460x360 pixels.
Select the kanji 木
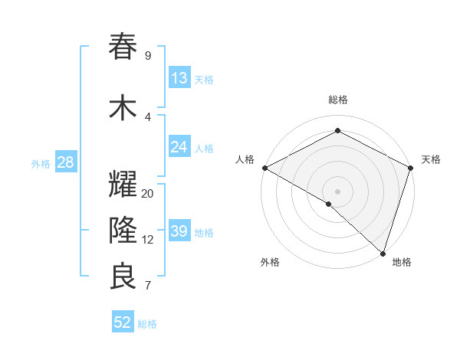click(123, 108)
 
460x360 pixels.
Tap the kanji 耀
click(123, 185)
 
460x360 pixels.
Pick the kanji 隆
click(123, 230)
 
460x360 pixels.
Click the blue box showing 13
click(179, 78)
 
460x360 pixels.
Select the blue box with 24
click(179, 147)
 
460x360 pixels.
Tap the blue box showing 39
click(179, 231)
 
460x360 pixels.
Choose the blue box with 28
click(64, 162)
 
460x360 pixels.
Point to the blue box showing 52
click(123, 322)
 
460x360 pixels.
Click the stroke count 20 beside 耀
click(148, 194)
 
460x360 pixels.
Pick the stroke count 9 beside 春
click(148, 56)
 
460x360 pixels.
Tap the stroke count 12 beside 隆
click(148, 240)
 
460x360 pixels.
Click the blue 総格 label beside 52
click(147, 324)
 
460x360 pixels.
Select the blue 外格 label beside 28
click(40, 163)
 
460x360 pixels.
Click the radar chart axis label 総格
click(337, 100)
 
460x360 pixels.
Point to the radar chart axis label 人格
click(245, 159)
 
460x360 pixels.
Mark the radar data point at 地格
click(382, 252)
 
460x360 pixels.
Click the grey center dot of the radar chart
click(337, 191)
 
